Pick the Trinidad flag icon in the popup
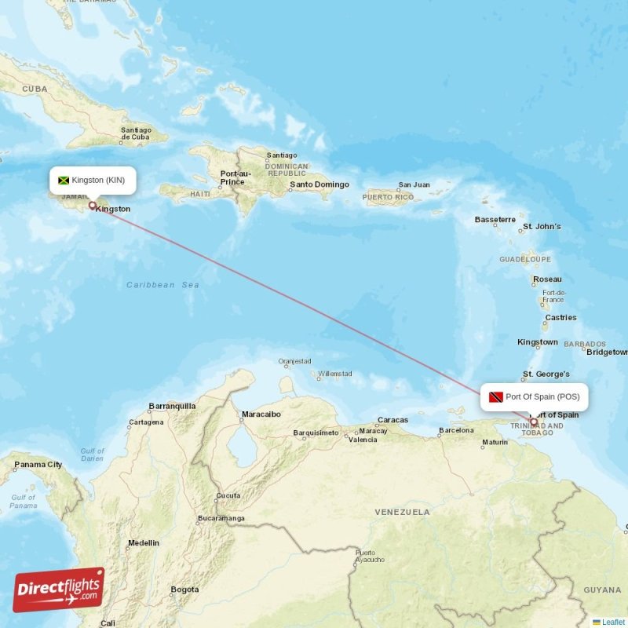click(496, 397)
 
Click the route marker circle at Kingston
click(93, 206)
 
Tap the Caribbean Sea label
click(162, 285)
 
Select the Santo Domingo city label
click(319, 185)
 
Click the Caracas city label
click(392, 420)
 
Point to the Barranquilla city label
click(172, 407)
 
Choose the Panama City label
click(38, 465)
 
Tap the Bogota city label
click(185, 589)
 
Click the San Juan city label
click(414, 185)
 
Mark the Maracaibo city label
click(261, 414)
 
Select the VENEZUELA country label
click(403, 512)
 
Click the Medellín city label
click(143, 542)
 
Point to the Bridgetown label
click(607, 352)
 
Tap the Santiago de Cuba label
click(136, 133)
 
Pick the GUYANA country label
click(602, 590)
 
